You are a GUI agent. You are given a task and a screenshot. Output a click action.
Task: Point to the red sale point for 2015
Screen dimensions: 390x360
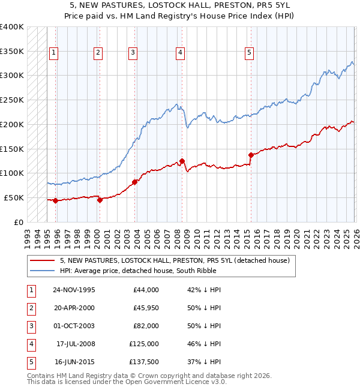tap(250, 155)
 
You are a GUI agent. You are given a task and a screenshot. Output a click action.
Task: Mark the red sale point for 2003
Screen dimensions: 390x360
tap(134, 182)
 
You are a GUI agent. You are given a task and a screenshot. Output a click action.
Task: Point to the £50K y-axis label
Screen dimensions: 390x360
tap(14, 197)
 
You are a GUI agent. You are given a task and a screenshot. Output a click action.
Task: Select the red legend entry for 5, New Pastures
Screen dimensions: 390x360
tap(175, 260)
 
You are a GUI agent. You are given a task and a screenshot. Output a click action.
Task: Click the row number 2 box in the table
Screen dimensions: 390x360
tap(30, 308)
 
